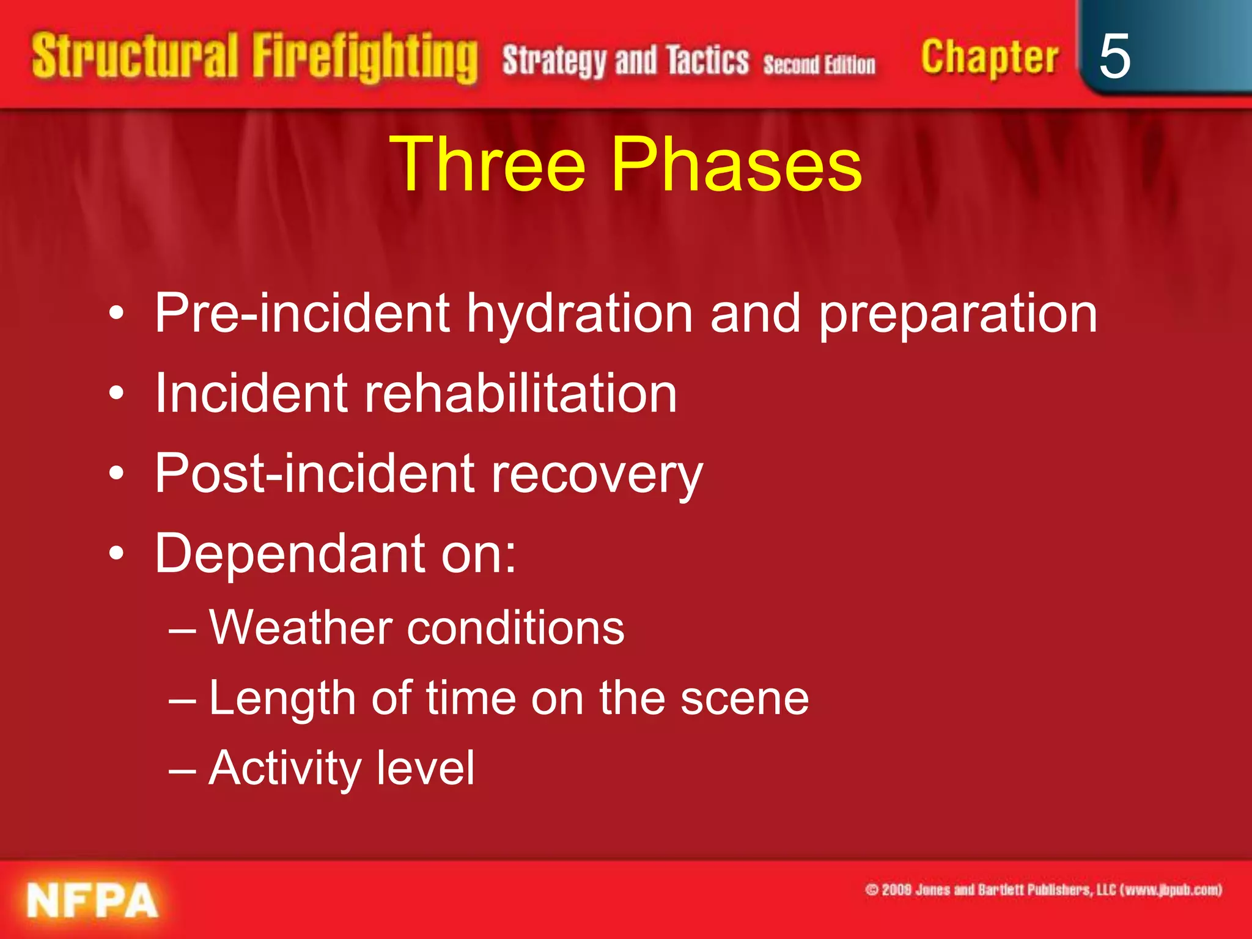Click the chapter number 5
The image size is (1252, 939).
(x=1114, y=56)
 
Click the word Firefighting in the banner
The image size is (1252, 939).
(x=365, y=58)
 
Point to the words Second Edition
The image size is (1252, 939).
(x=819, y=64)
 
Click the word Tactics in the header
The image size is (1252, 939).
(x=707, y=61)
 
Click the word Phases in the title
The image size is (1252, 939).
(x=736, y=164)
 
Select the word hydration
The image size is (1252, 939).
(x=580, y=314)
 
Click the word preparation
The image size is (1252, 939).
(x=957, y=315)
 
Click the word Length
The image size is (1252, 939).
(x=282, y=699)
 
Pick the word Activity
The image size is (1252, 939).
(x=285, y=768)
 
